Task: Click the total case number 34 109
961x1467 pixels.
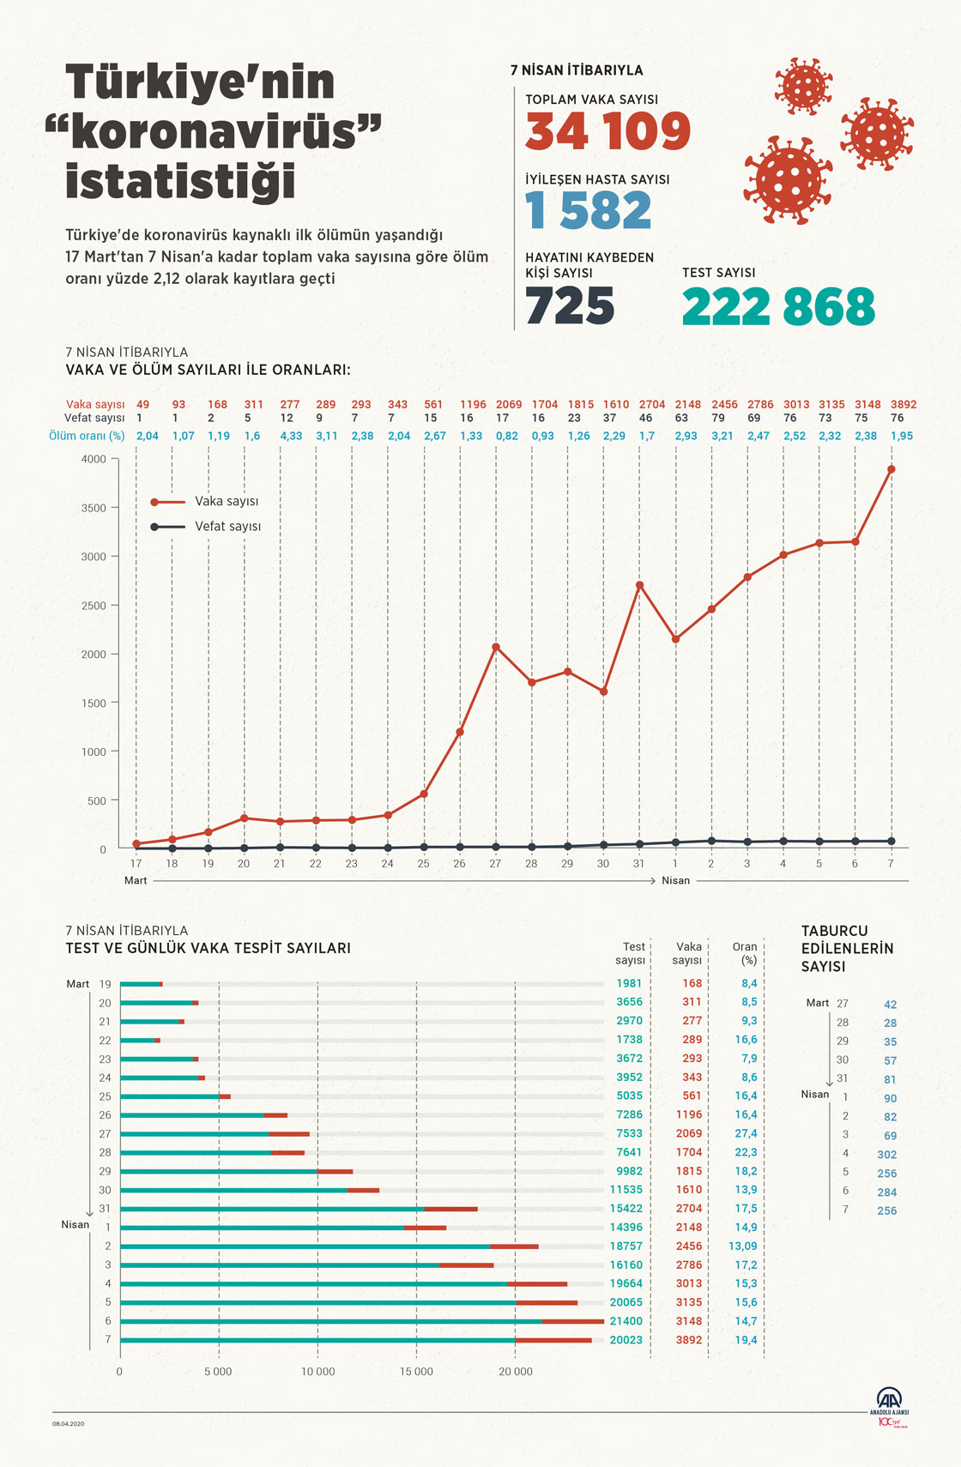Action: click(607, 131)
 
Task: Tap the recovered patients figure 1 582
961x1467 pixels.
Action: click(588, 211)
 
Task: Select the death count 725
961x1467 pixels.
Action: click(570, 306)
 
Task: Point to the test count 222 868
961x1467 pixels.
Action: click(778, 307)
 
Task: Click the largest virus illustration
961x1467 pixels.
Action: click(788, 180)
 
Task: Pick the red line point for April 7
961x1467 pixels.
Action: click(891, 469)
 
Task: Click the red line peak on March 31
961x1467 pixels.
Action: click(639, 585)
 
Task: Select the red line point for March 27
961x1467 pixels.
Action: click(496, 647)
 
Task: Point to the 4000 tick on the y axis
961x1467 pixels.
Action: click(94, 459)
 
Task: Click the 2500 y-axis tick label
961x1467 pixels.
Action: click(94, 606)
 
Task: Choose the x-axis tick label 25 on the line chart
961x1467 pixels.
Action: click(423, 864)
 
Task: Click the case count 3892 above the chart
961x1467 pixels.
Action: click(904, 404)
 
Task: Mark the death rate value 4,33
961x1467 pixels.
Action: click(291, 436)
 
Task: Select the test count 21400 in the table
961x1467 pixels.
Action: click(626, 1321)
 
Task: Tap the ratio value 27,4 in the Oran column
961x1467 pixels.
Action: click(746, 1133)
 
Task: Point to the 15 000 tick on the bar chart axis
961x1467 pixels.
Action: click(416, 1372)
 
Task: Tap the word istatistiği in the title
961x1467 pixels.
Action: click(181, 181)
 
